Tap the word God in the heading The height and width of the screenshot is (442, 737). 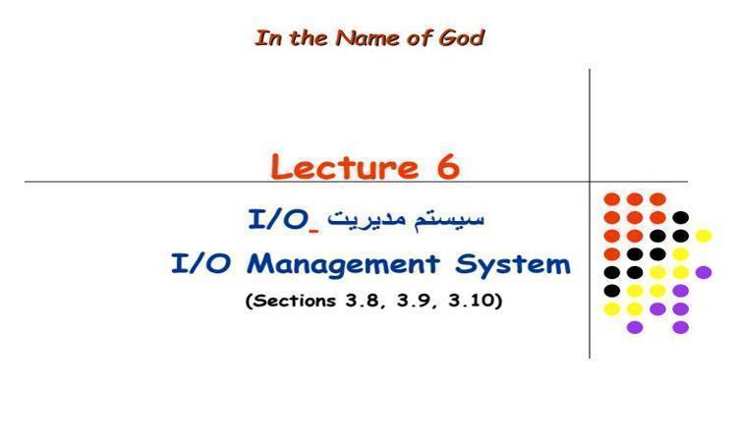click(x=461, y=38)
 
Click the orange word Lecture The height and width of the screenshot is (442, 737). click(x=345, y=166)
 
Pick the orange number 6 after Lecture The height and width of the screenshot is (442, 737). click(x=448, y=166)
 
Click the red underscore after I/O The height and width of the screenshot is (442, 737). click(x=314, y=230)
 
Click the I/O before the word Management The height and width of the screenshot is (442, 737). click(x=200, y=263)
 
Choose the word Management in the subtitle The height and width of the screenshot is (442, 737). click(x=343, y=265)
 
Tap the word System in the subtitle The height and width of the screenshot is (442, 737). click(x=513, y=265)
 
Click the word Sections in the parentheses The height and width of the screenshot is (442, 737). click(x=292, y=301)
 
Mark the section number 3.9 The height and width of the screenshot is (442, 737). click(x=414, y=301)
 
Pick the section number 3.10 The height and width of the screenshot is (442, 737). click(x=471, y=301)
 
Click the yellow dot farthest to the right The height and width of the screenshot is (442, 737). click(x=704, y=236)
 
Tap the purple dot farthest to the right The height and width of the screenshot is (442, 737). click(x=704, y=272)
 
